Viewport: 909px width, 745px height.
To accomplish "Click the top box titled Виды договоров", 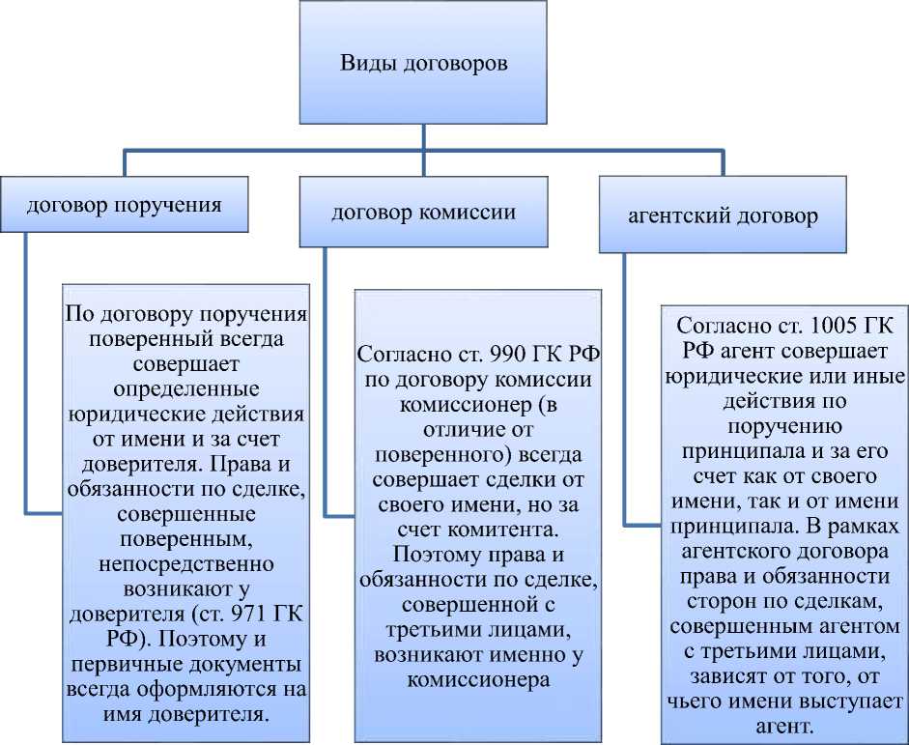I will pos(423,64).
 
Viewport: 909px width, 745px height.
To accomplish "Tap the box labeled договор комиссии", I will pos(423,213).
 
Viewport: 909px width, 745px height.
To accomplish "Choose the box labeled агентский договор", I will pos(722,215).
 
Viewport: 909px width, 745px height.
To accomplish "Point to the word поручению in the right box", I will pos(785,425).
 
